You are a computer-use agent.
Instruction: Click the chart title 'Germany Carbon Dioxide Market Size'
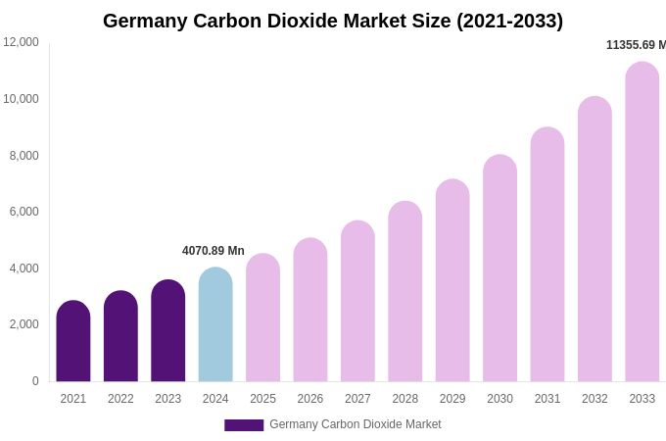pos(333,21)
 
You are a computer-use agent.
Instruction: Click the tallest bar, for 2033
pos(642,222)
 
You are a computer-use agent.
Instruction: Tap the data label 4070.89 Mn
pos(214,251)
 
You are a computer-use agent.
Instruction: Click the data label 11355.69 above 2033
pos(636,45)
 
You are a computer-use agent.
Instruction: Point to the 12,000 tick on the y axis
pos(21,42)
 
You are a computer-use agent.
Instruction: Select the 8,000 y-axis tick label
pos(24,155)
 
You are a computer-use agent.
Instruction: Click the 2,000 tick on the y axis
pos(24,324)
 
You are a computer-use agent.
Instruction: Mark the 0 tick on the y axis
pos(35,381)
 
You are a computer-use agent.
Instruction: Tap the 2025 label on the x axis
pos(262,399)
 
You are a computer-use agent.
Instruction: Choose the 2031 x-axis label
pos(547,399)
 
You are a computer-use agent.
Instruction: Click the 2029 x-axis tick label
pos(452,399)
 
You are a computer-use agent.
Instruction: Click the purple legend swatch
pos(244,425)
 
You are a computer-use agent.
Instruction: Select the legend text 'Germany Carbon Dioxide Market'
pos(355,424)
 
